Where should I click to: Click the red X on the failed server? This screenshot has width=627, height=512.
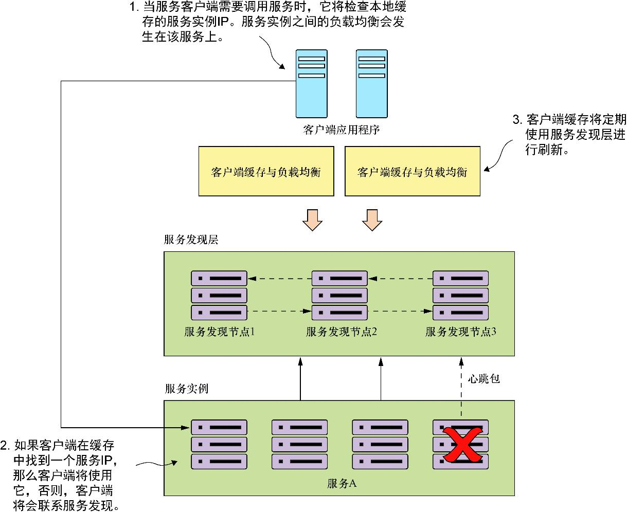pos(461,445)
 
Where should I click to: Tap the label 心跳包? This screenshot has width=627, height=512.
pos(484,379)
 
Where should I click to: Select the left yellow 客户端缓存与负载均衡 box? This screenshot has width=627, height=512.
pos(266,171)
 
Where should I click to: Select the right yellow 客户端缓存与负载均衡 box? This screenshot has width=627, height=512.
pos(412,171)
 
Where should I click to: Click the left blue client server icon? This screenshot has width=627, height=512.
pos(311,83)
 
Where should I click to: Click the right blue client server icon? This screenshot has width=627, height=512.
pos(371,83)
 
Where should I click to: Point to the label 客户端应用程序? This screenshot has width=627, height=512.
pos(341,130)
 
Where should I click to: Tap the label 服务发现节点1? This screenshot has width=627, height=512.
pos(220,332)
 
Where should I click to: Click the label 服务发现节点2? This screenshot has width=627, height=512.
pos(341,332)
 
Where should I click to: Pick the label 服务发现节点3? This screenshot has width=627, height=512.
pos(460,332)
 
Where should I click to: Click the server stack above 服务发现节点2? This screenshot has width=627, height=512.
pos(340,296)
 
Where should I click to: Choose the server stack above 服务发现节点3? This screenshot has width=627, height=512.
pos(460,296)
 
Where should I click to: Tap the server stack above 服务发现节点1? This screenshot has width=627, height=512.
pos(219,296)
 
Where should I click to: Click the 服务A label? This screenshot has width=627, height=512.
pos(342,483)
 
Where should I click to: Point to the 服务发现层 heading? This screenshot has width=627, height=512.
pos(191,240)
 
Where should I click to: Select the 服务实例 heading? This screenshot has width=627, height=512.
pos(186,389)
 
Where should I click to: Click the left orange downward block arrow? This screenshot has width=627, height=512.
pos(312,219)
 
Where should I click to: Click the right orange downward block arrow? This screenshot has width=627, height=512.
pos(372,219)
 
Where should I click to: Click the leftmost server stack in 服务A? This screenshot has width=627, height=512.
pos(219,444)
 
